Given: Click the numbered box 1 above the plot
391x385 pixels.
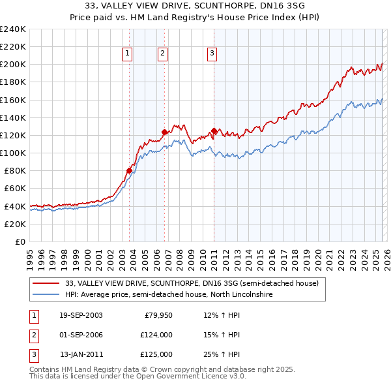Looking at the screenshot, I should tap(128, 54).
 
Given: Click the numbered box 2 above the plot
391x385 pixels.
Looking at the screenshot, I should tap(162, 54).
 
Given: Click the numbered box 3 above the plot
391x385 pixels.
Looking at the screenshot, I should tap(212, 54).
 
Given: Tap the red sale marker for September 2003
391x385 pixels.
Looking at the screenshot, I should tap(129, 171).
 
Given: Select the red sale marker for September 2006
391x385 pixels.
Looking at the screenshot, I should tap(164, 132).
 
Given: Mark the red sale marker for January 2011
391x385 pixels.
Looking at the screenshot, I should tap(214, 131).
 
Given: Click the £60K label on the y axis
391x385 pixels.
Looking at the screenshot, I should tap(14, 189).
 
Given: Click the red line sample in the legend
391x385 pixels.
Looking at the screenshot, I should tap(46, 284).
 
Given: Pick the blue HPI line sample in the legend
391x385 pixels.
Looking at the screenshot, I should tap(46, 295).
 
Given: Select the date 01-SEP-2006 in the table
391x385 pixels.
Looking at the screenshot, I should tap(81, 335).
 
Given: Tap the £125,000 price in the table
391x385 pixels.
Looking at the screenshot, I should tap(156, 354).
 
